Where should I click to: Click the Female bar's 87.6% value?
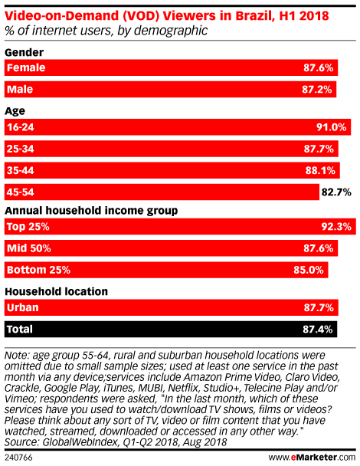click(318, 67)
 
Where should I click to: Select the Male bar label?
click(20, 89)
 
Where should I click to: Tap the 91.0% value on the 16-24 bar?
click(331, 127)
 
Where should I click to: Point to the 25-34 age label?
click(21, 149)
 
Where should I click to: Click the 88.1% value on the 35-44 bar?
click(320, 171)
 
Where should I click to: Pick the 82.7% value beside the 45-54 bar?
click(336, 192)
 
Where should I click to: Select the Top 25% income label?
click(28, 226)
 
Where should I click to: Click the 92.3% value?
click(336, 227)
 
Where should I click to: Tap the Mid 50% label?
click(29, 248)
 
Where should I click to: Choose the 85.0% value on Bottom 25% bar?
click(309, 270)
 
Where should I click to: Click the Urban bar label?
click(23, 307)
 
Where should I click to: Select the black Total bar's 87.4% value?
click(318, 330)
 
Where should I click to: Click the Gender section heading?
click(25, 52)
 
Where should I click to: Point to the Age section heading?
click(15, 111)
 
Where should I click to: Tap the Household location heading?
click(57, 291)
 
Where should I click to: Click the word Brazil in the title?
click(254, 15)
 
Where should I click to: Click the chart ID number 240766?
click(18, 458)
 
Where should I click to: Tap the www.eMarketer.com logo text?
click(312, 457)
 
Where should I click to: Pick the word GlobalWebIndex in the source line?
click(80, 442)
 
